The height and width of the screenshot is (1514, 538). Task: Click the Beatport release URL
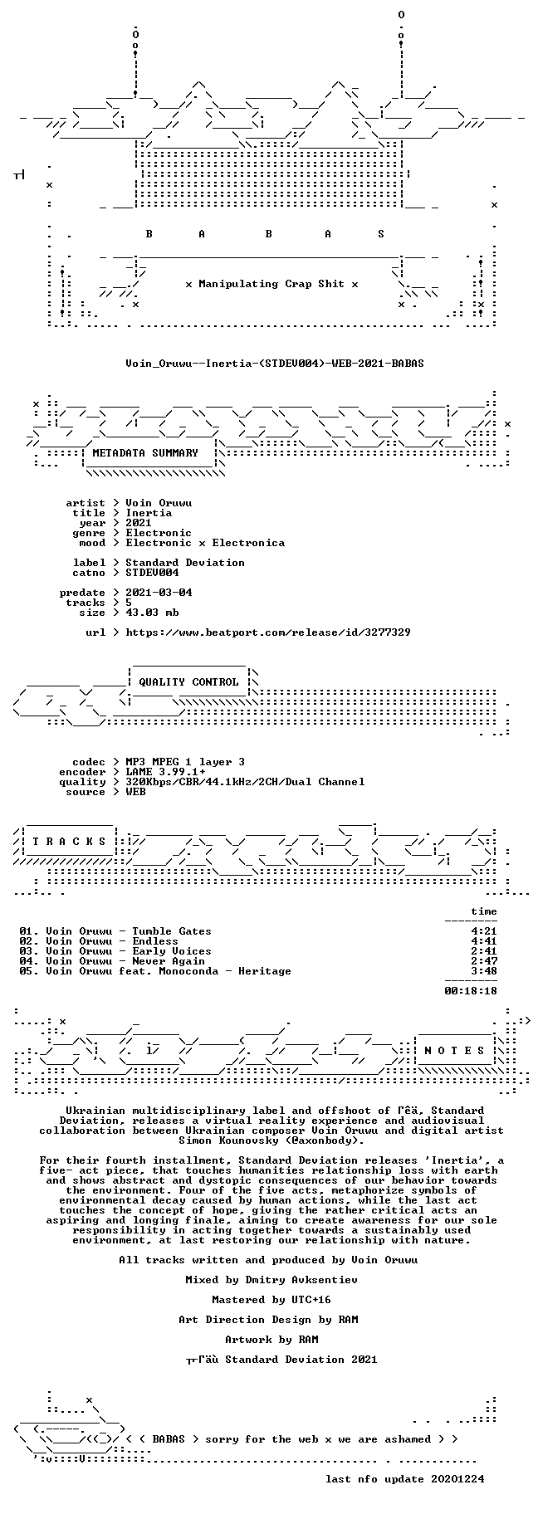point(268,632)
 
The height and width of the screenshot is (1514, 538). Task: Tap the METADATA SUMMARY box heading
point(145,453)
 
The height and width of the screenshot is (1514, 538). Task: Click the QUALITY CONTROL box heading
point(188,682)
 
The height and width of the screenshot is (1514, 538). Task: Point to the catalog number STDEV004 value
point(152,573)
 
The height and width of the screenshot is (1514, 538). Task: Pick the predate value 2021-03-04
point(159,593)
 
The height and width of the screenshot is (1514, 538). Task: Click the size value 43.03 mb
point(152,613)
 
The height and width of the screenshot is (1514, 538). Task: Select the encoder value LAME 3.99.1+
point(165,772)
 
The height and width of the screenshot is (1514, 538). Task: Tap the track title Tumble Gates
point(172,931)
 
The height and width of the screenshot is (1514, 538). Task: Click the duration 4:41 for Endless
point(484,941)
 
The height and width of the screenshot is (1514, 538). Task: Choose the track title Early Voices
point(172,951)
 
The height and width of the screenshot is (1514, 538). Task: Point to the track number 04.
point(29,961)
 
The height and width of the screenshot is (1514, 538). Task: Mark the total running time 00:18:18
point(471,990)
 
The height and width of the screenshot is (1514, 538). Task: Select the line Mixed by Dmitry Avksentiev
point(271,1280)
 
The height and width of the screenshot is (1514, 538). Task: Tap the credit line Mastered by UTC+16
point(271,1300)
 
